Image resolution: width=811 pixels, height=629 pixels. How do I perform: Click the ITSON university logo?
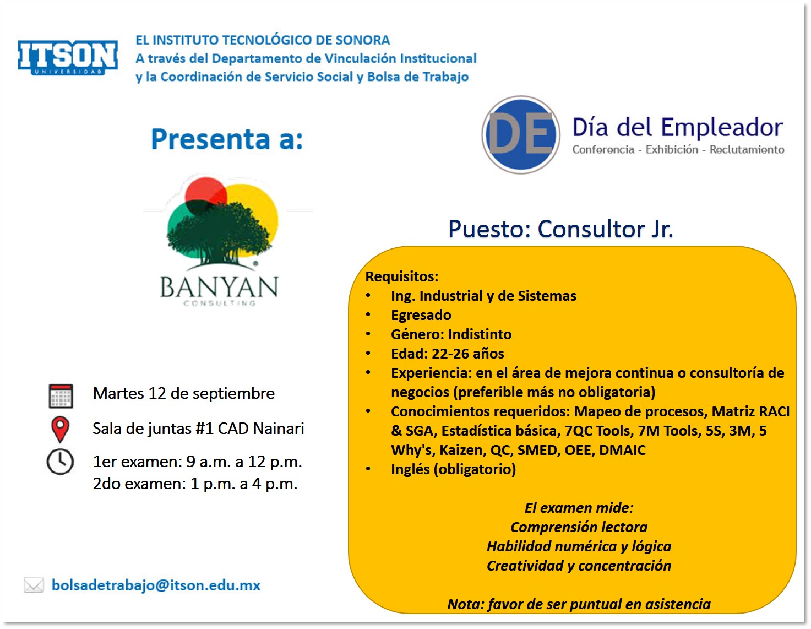[68, 57]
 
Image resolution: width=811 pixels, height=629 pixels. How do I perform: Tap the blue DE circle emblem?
[521, 135]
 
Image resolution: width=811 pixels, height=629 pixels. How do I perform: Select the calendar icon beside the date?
[61, 395]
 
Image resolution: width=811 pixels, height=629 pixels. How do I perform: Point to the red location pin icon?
[60, 429]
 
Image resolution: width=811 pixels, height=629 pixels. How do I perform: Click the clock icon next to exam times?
[60, 462]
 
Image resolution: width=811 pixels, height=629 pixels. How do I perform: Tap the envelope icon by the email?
[34, 585]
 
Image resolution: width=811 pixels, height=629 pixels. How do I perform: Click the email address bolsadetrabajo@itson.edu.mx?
[156, 585]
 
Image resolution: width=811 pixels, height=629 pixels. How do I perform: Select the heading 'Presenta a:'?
[227, 139]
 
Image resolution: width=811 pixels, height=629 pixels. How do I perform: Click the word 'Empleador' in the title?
[722, 127]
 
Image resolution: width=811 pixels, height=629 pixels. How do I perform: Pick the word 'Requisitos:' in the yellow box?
[401, 276]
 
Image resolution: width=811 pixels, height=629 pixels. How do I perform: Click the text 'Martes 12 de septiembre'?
[184, 393]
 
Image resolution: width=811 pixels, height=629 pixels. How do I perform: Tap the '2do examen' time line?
[195, 484]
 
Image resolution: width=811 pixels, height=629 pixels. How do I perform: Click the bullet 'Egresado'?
[421, 315]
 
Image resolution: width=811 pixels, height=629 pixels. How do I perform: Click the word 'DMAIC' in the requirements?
[622, 450]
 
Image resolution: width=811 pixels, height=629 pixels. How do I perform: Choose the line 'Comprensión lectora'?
[579, 527]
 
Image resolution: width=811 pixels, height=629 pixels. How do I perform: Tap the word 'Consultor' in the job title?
[591, 229]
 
